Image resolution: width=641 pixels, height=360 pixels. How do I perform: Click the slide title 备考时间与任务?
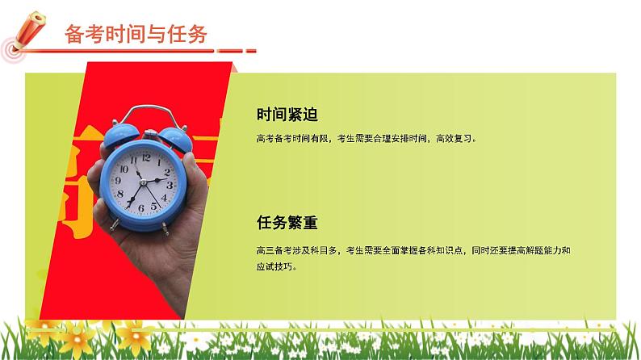coord(134,34)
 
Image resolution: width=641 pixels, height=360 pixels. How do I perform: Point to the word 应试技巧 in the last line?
coord(275,266)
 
